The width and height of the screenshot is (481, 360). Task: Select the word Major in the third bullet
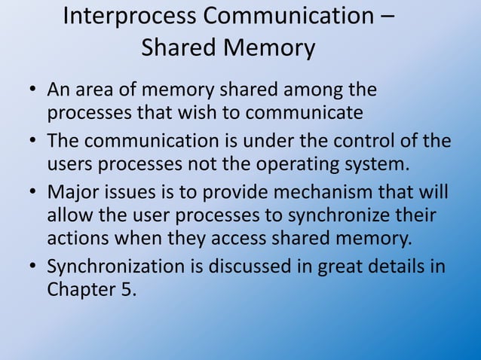(x=72, y=193)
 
